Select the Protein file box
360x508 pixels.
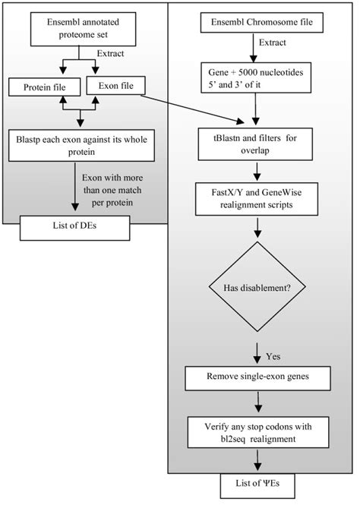coord(46,89)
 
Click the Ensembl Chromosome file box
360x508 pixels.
coord(260,25)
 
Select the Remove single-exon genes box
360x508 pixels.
coord(260,377)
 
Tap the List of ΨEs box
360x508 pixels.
coord(260,483)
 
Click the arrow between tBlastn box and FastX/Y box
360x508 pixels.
coord(260,162)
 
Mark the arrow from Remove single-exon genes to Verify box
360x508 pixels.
coord(260,401)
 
